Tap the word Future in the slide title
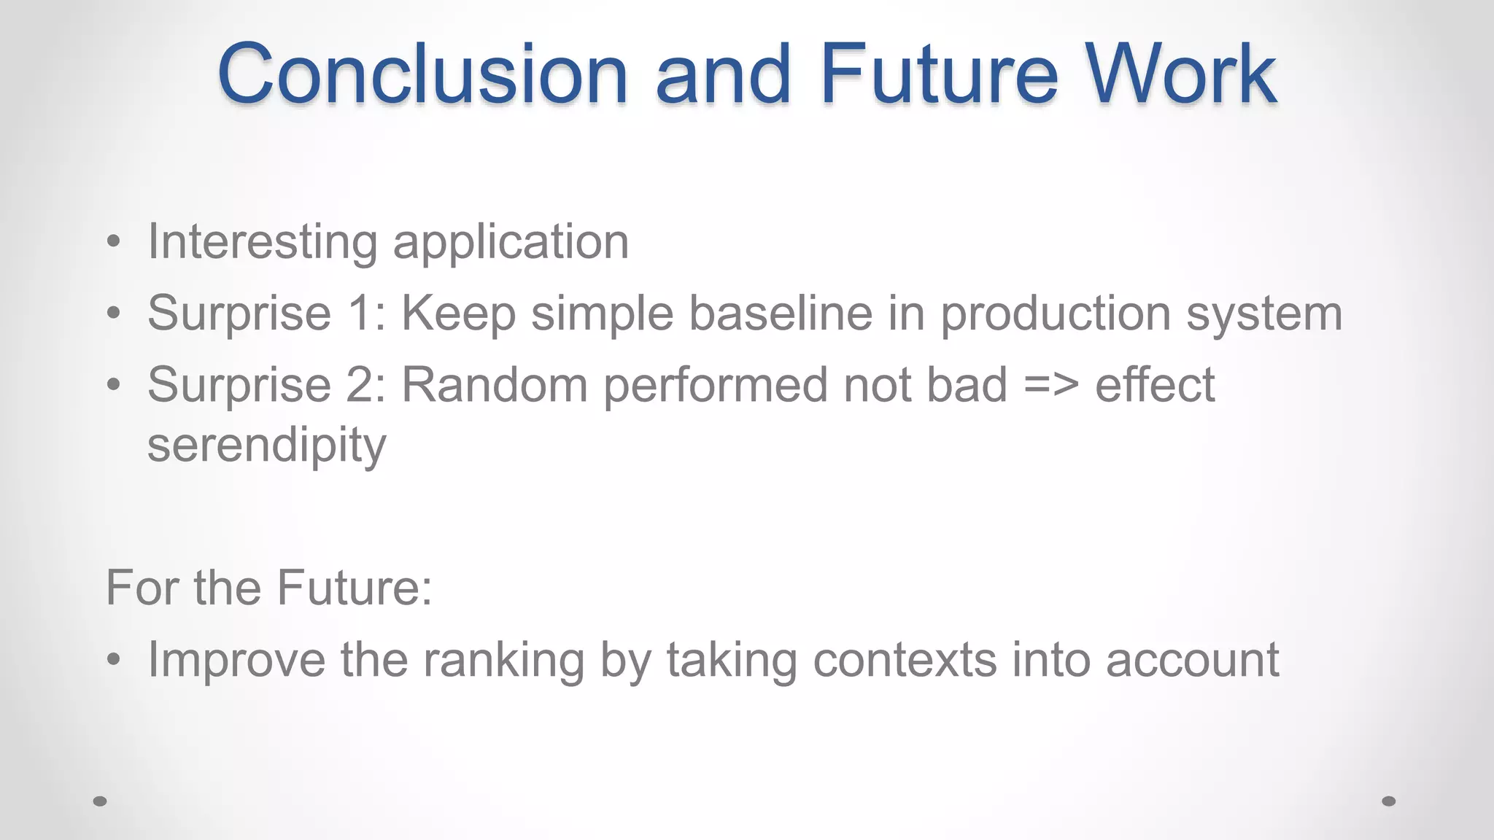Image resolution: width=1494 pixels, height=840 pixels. pyautogui.click(x=938, y=74)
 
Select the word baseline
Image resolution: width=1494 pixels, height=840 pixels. pyautogui.click(x=781, y=313)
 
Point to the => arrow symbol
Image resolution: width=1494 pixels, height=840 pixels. pyautogui.click(x=1051, y=386)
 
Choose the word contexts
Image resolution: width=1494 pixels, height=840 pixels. pyautogui.click(x=905, y=660)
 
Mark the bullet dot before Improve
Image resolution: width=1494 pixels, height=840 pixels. pyautogui.click(x=113, y=661)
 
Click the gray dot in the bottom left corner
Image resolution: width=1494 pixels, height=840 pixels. pyautogui.click(x=100, y=801)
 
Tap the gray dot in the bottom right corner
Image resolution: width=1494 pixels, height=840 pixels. pyautogui.click(x=1389, y=801)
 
